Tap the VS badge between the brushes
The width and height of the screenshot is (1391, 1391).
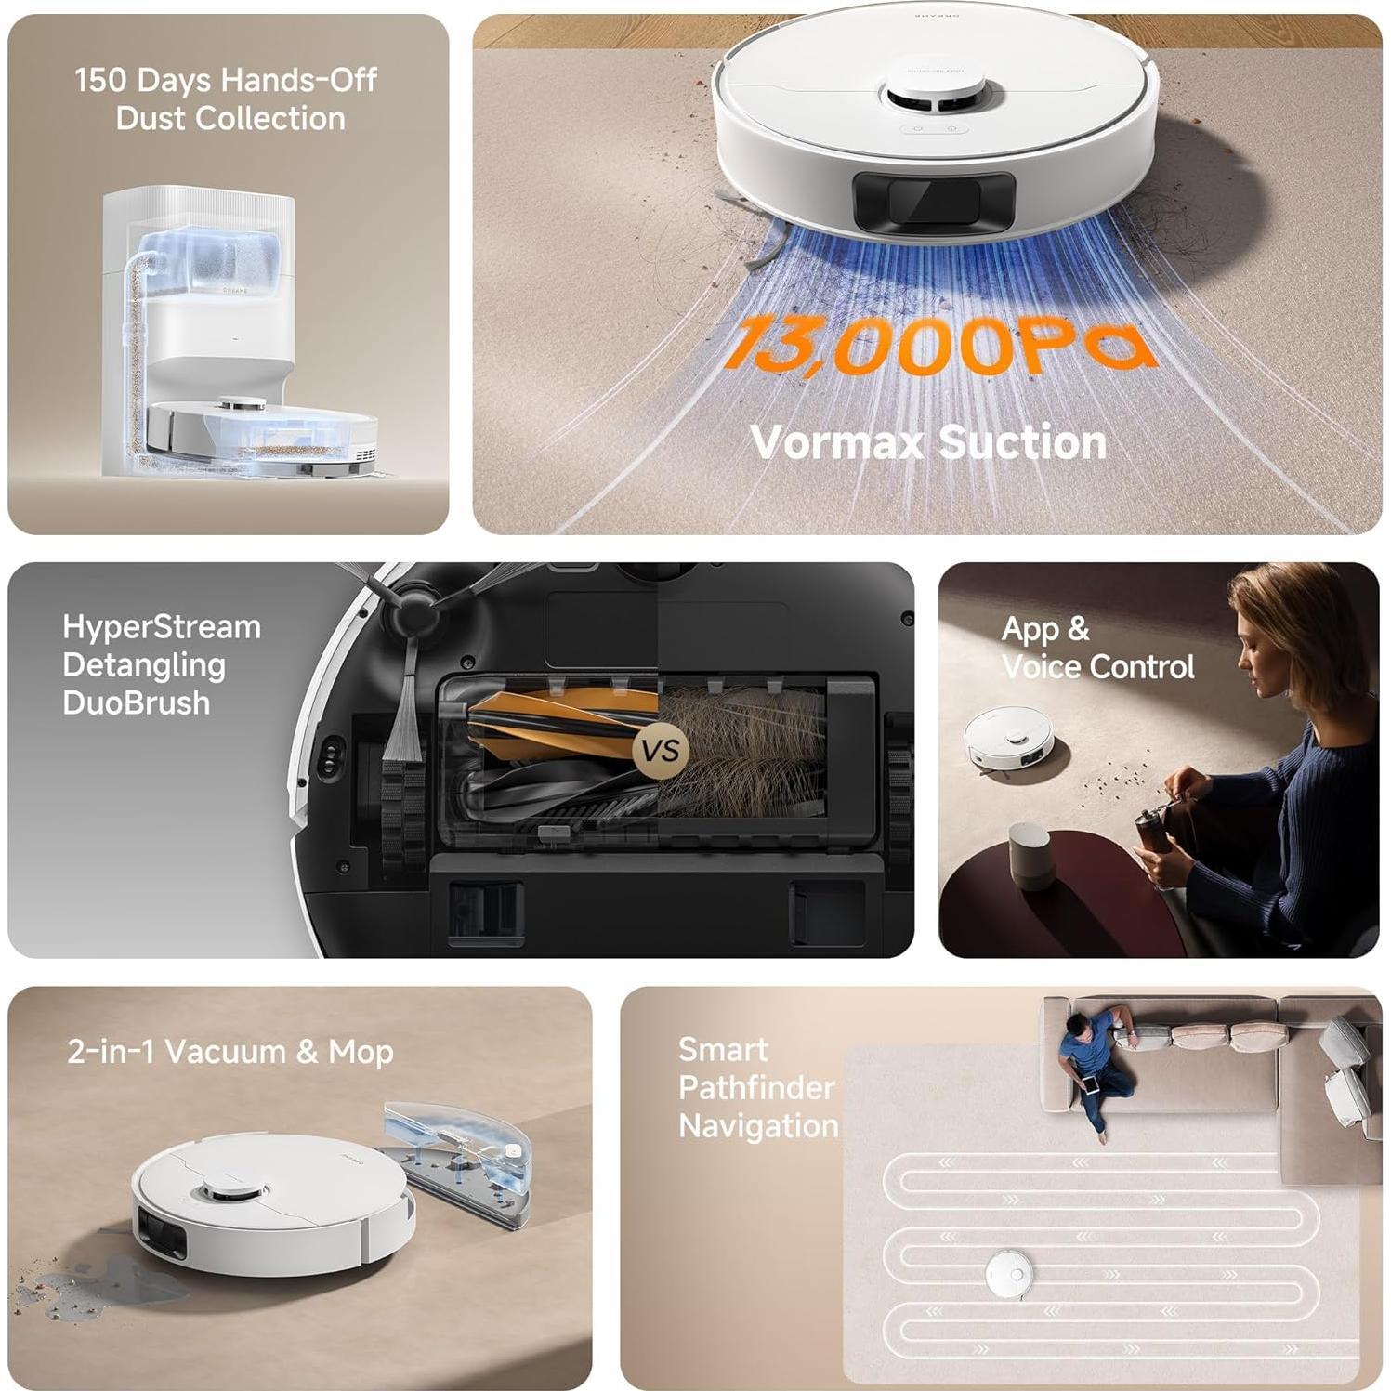tap(661, 750)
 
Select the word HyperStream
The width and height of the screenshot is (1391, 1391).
tap(162, 627)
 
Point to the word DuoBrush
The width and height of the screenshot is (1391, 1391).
tap(137, 702)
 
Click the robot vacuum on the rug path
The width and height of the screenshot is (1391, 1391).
tap(1009, 1272)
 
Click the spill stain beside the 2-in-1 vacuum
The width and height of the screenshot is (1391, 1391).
tap(102, 1281)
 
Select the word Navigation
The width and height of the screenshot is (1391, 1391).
tap(758, 1126)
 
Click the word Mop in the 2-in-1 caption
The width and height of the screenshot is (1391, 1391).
tap(361, 1053)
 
